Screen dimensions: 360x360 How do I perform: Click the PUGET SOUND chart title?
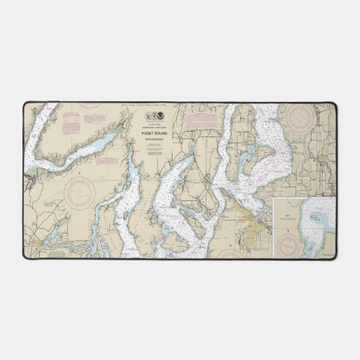click(155, 133)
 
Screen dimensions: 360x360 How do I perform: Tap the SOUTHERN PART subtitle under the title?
click(155, 139)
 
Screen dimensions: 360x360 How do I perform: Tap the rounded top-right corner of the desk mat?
click(334, 105)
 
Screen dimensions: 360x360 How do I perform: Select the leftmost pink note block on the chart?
click(72, 126)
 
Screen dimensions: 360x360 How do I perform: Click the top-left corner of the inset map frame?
click(275, 199)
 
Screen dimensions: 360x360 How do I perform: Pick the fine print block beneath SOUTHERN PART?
click(155, 151)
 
